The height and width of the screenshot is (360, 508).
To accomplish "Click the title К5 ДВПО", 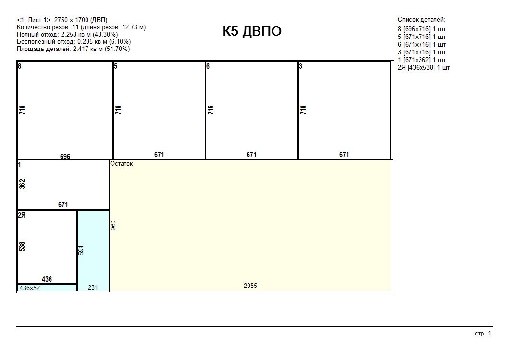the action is point(252,31).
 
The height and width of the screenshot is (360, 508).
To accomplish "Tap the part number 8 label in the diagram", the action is point(20,66).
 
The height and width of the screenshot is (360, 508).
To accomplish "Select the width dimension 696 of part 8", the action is point(65,157).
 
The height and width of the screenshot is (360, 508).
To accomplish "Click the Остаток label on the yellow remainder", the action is point(122,163).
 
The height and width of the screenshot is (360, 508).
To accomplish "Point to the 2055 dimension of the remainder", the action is point(250,286).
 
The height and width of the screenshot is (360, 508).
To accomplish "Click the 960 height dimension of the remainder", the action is point(113,225).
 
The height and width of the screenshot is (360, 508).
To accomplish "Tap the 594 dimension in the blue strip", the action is point(81,250).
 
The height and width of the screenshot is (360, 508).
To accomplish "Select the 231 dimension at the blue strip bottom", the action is point(93,287).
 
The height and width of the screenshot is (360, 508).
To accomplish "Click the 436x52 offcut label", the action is point(30,288).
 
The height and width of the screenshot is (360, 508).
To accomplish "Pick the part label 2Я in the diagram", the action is point(21,215).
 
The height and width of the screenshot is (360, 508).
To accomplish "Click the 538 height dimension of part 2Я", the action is point(22,246).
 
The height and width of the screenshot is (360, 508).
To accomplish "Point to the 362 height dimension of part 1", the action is point(22,184).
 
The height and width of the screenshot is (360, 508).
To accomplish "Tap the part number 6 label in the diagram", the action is point(208,66).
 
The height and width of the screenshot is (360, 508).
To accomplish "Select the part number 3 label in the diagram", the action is point(301,66).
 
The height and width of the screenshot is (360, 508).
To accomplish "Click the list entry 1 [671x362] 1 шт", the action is point(421,60).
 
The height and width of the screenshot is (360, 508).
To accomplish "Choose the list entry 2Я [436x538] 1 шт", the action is point(424,68).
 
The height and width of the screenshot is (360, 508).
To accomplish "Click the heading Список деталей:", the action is point(421,20).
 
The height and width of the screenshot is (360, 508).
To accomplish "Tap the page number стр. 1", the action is point(483,334).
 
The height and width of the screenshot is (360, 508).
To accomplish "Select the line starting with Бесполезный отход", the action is point(74,42).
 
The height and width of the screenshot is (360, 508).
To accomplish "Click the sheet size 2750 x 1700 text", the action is point(71,20).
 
